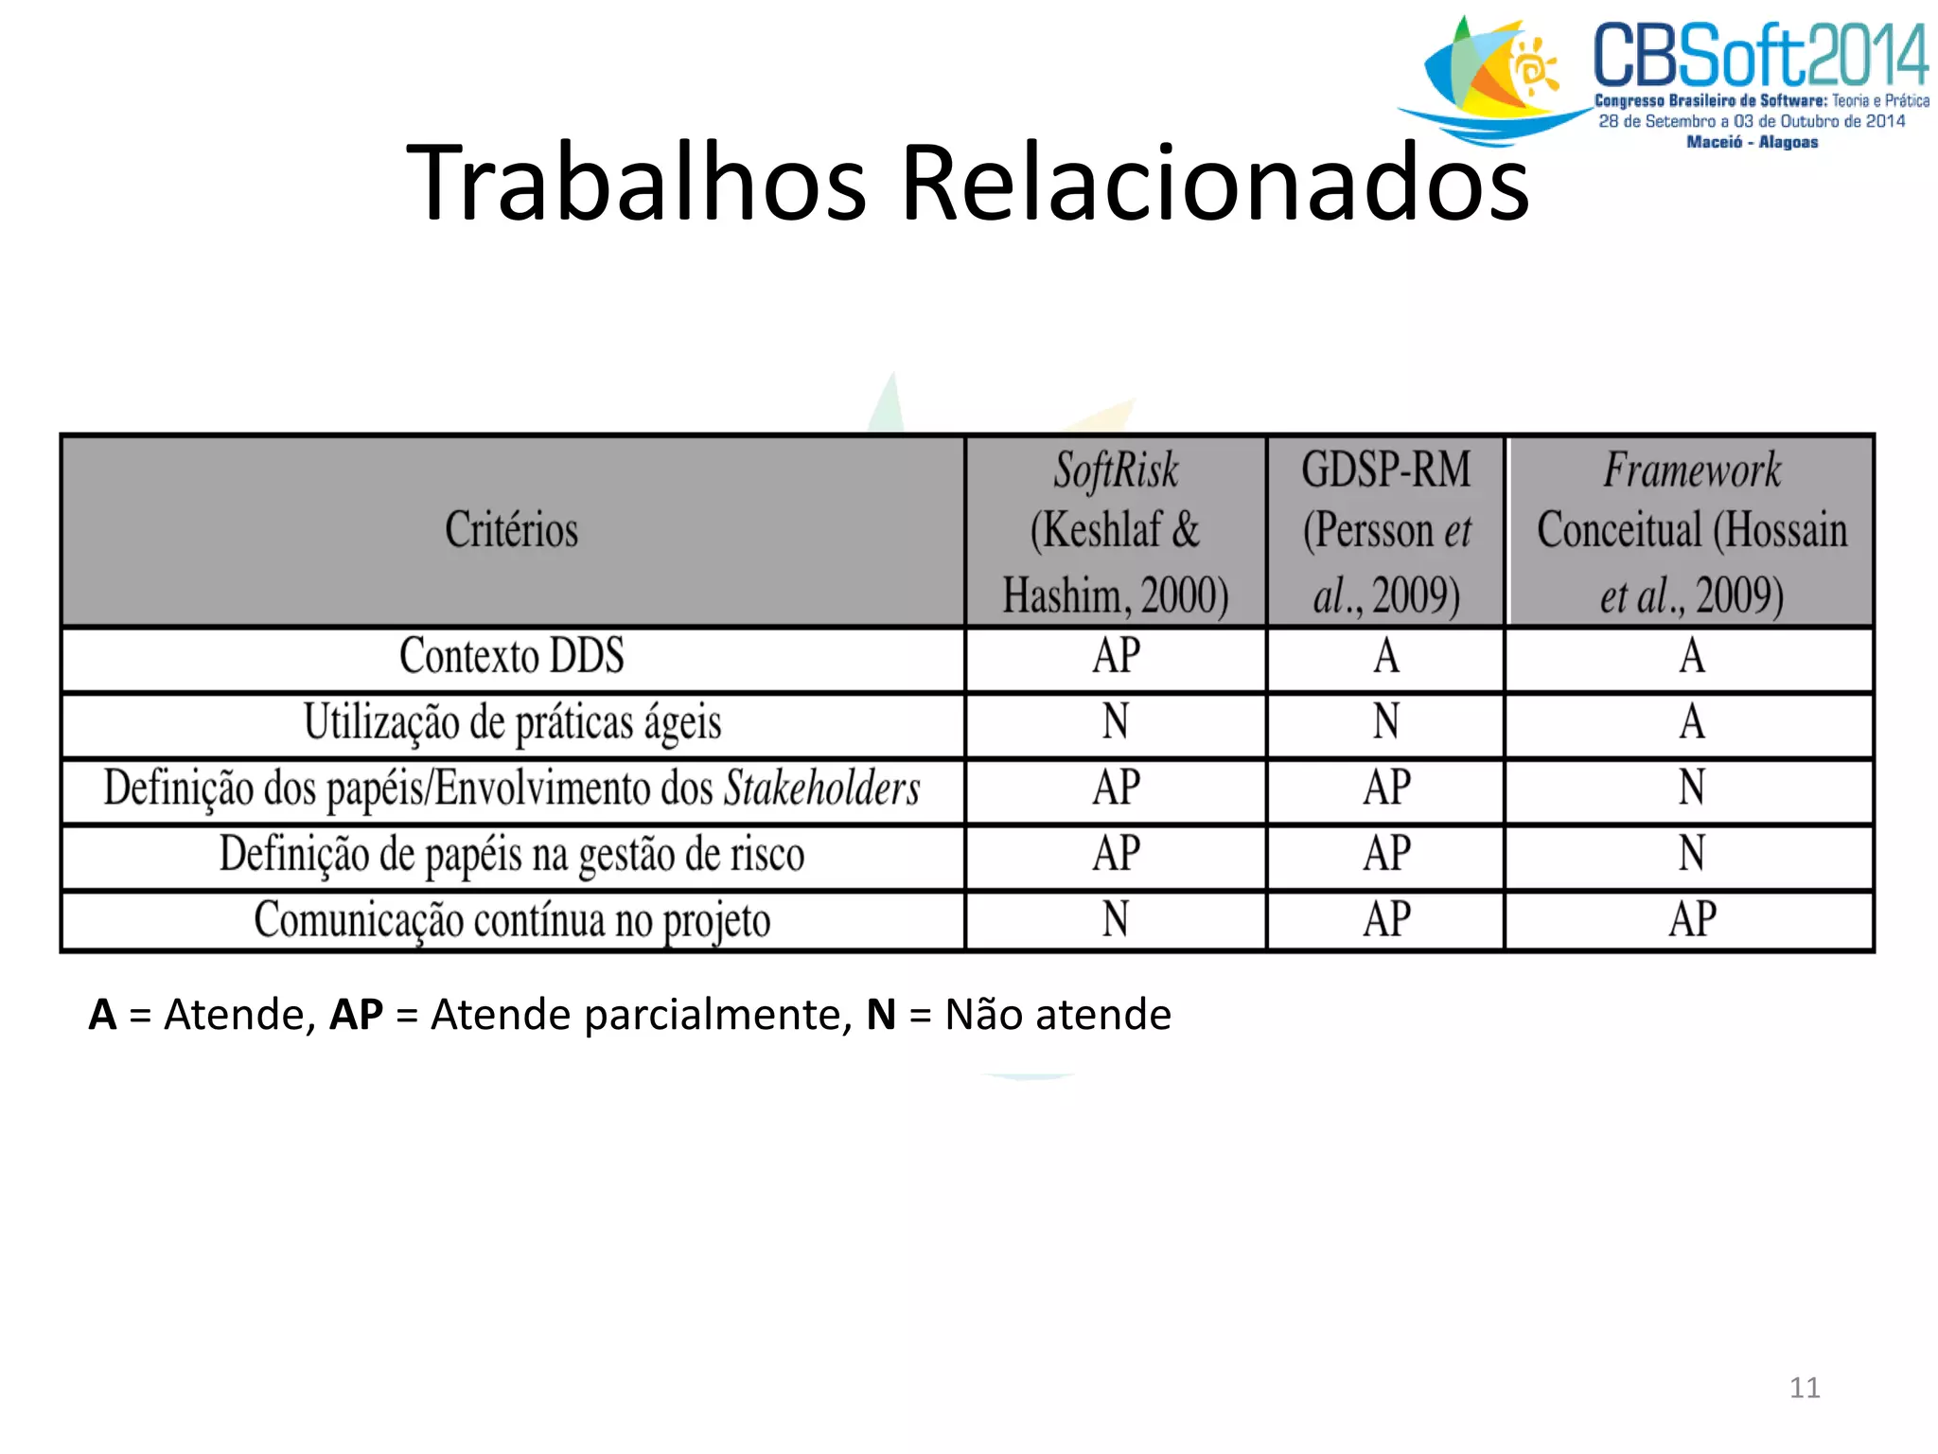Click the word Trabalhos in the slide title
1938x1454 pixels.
pos(636,182)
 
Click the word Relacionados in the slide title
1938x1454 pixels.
pos(1215,182)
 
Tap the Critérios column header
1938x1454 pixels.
pos(512,530)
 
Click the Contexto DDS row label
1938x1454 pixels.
pos(512,656)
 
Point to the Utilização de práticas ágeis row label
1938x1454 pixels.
pos(512,723)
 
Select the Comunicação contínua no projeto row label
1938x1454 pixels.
pos(512,920)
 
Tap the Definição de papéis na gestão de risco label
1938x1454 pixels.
pos(512,854)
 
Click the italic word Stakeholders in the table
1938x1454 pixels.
pos(821,789)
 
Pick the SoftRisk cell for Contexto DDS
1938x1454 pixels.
pos(1117,656)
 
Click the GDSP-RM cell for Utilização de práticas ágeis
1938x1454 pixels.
pos(1386,722)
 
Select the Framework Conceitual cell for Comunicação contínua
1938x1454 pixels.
pos(1692,919)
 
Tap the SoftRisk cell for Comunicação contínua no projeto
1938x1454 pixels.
pos(1117,919)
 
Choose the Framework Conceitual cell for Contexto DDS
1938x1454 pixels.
pos(1692,656)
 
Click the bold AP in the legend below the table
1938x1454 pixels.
pos(356,1015)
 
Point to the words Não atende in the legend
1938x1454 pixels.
pos(1058,1015)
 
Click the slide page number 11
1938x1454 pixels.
pos(1805,1388)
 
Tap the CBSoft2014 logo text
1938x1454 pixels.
pos(1760,57)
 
